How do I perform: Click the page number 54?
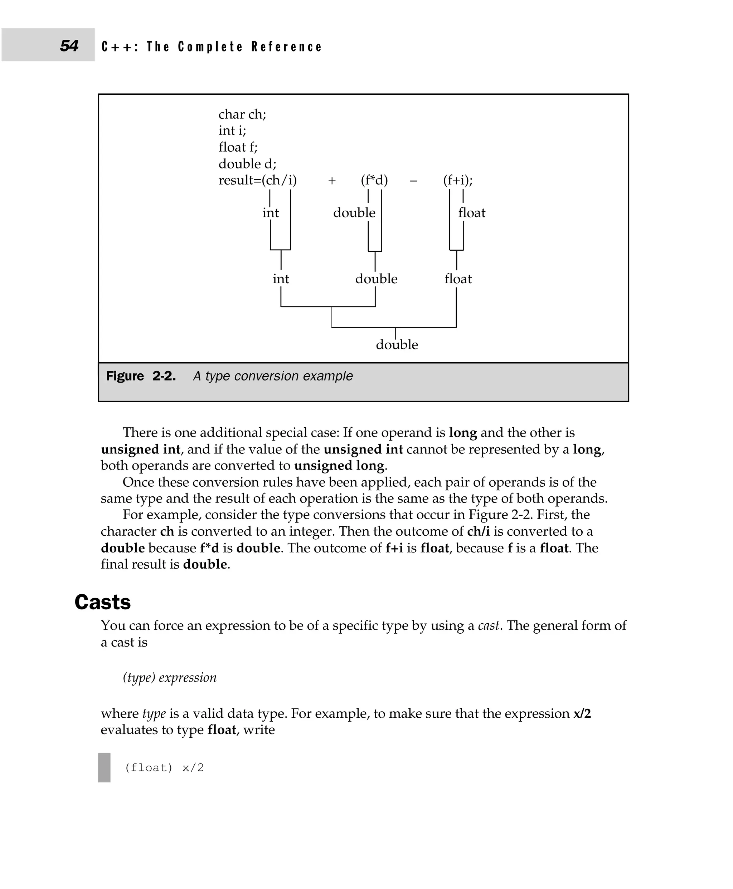click(69, 45)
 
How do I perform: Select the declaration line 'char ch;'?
click(242, 114)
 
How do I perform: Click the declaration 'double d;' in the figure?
click(247, 164)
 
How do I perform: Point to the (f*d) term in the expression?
click(374, 180)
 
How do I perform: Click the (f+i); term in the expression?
click(458, 180)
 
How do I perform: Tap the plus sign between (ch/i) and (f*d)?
click(332, 181)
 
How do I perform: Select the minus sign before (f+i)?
click(413, 181)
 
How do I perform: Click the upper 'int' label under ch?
click(270, 213)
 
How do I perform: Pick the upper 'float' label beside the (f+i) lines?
click(472, 213)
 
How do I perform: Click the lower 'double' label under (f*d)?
click(376, 279)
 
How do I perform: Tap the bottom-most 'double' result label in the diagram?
click(397, 345)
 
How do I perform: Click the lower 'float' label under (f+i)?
click(458, 279)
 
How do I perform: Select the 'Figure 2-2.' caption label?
click(141, 376)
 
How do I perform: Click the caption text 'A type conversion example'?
click(273, 376)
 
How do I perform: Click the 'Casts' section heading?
click(103, 602)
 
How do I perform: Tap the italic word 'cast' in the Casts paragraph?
click(489, 626)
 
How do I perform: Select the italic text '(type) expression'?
click(169, 678)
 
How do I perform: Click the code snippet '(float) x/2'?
click(164, 767)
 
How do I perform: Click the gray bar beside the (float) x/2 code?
click(104, 767)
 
